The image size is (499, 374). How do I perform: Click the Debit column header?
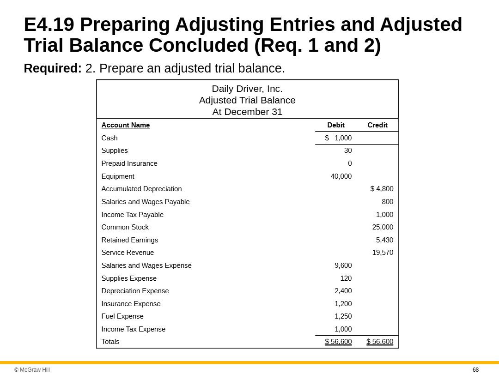[335, 125]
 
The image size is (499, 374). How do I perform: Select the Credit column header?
[377, 125]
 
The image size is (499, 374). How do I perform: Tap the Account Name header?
[126, 125]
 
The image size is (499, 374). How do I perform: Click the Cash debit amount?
[338, 138]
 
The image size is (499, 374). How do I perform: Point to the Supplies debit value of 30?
[347, 151]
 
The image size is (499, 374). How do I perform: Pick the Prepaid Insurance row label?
[129, 163]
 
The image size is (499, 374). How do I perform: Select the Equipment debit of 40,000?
[341, 176]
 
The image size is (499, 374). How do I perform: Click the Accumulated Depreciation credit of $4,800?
[382, 189]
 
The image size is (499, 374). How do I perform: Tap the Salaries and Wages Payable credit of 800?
[387, 202]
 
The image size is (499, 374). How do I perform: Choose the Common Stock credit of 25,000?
[383, 227]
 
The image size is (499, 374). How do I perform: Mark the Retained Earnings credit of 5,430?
[384, 240]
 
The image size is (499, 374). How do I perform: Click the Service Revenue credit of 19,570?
[383, 253]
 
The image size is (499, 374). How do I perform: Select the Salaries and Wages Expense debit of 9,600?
[343, 265]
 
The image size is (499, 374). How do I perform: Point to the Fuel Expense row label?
[122, 316]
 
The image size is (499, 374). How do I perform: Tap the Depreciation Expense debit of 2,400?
[343, 291]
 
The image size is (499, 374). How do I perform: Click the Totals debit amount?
[338, 342]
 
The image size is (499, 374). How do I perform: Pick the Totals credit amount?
[380, 342]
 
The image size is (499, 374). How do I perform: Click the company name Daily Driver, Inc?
[247, 89]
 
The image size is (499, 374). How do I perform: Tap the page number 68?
[475, 370]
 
